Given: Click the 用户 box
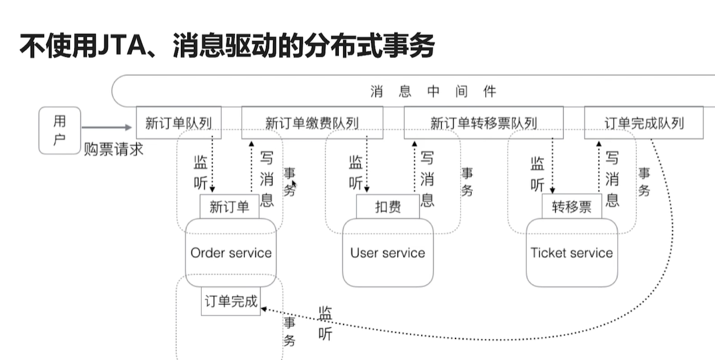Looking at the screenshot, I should tap(59, 130).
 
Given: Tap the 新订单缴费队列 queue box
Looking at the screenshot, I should tap(312, 123).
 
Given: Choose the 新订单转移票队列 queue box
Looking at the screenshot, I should tap(483, 123).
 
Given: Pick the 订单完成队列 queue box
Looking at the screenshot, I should tap(644, 123).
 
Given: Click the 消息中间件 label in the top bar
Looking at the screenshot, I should tap(433, 91).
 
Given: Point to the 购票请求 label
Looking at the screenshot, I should tap(113, 149).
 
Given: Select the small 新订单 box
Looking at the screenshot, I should tap(229, 207).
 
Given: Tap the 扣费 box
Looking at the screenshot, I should tap(387, 207).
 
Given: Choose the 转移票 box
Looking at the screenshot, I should tap(571, 207).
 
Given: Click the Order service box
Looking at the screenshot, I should tap(231, 253).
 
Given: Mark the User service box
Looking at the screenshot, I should tap(387, 253).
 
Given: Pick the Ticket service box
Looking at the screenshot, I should tap(572, 253).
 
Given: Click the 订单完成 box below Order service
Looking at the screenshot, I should tap(230, 301).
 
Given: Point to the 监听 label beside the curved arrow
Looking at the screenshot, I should tap(325, 323).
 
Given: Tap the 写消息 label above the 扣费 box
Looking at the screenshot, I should tap(427, 179).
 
